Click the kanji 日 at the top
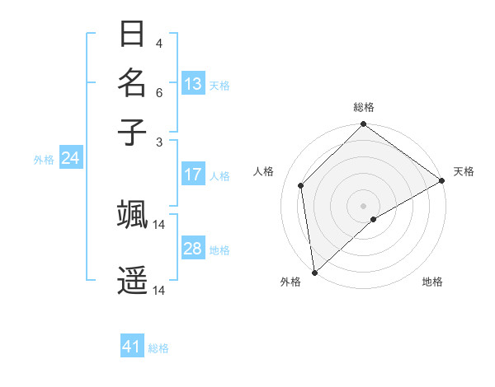click(x=132, y=35)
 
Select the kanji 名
click(x=132, y=83)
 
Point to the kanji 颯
click(x=132, y=214)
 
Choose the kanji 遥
click(x=132, y=281)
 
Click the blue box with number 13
click(x=193, y=84)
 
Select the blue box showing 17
click(x=193, y=175)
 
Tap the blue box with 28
click(x=193, y=249)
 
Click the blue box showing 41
click(x=132, y=347)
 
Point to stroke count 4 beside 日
click(x=159, y=43)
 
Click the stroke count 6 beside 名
click(x=159, y=93)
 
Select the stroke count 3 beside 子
click(x=159, y=141)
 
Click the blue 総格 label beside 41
click(x=158, y=348)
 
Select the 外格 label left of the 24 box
click(x=44, y=160)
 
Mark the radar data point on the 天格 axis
click(x=442, y=181)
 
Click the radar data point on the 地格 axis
click(x=374, y=219)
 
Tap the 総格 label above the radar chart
click(x=364, y=107)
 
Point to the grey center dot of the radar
click(x=364, y=205)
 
